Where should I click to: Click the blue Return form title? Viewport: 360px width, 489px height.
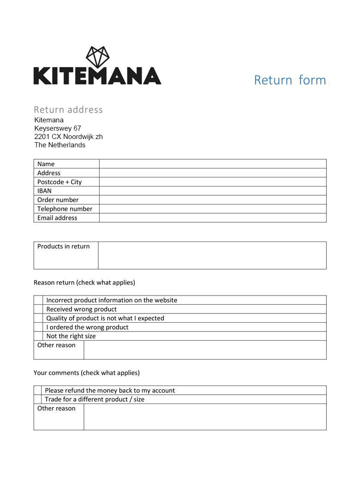tap(290, 80)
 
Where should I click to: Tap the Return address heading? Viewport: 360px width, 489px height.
tap(68, 109)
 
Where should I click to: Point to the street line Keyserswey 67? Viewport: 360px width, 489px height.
tap(58, 128)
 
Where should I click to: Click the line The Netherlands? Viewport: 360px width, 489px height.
tap(60, 145)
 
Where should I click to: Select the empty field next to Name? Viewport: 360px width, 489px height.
tap(212, 164)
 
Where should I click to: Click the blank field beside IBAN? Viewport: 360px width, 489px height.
tap(212, 191)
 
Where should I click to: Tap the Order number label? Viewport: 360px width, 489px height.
tap(58, 200)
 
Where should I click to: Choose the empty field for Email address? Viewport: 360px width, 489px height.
tap(212, 218)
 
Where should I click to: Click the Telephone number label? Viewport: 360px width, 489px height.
tap(65, 209)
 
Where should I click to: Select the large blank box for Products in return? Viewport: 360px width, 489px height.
tap(212, 255)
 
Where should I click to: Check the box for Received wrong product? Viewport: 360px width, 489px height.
tap(38, 309)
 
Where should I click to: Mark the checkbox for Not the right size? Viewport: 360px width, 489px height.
tap(38, 336)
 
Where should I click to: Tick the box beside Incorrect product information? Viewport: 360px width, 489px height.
tap(38, 300)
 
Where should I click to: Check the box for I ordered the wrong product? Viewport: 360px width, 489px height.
tap(38, 327)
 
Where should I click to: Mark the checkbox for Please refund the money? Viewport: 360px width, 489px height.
tap(38, 391)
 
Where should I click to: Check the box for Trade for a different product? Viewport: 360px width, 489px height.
tap(38, 399)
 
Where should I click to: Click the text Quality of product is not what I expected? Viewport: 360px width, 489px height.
tap(105, 318)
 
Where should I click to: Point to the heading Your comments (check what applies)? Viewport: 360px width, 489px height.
tap(86, 373)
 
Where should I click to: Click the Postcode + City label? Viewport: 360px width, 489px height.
tap(60, 182)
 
